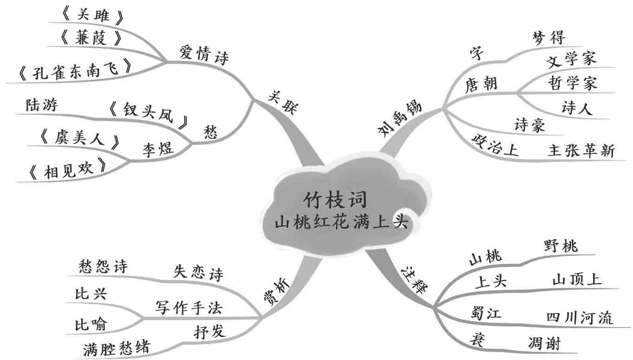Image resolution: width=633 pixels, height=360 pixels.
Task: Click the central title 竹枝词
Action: pos(334,201)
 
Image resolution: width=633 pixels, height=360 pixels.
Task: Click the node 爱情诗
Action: pos(203,55)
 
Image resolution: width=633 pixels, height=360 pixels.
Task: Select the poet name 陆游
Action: pos(43,105)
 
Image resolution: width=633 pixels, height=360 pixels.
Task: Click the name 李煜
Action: pos(157,150)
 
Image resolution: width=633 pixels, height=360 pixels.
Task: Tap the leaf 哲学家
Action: pos(572,84)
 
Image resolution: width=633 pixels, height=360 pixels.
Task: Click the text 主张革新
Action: pos(581,151)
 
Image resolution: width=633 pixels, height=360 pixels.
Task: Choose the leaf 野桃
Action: pos(561,246)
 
